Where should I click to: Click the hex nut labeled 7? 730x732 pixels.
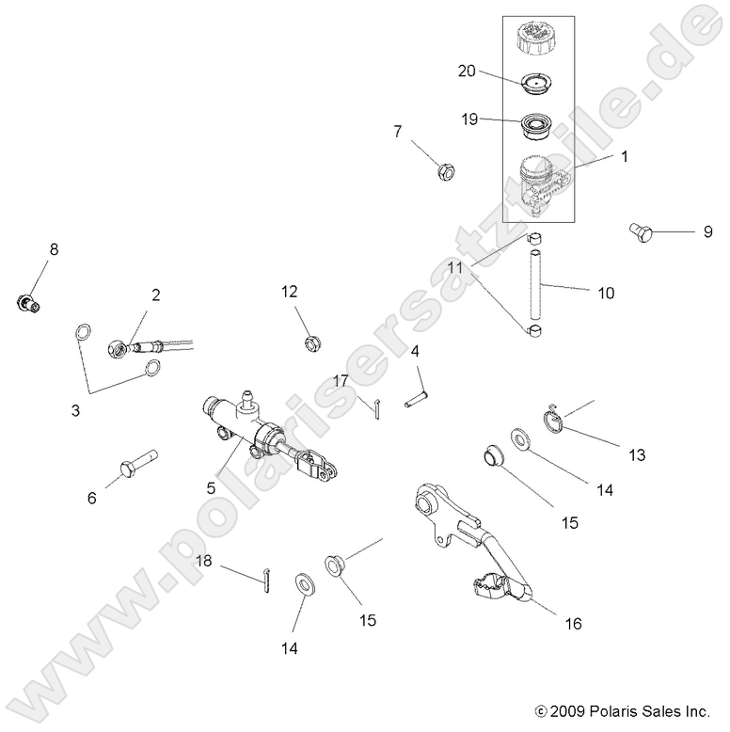point(447,171)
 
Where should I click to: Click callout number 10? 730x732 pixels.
point(605,294)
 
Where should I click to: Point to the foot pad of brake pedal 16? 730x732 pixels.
point(494,587)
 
